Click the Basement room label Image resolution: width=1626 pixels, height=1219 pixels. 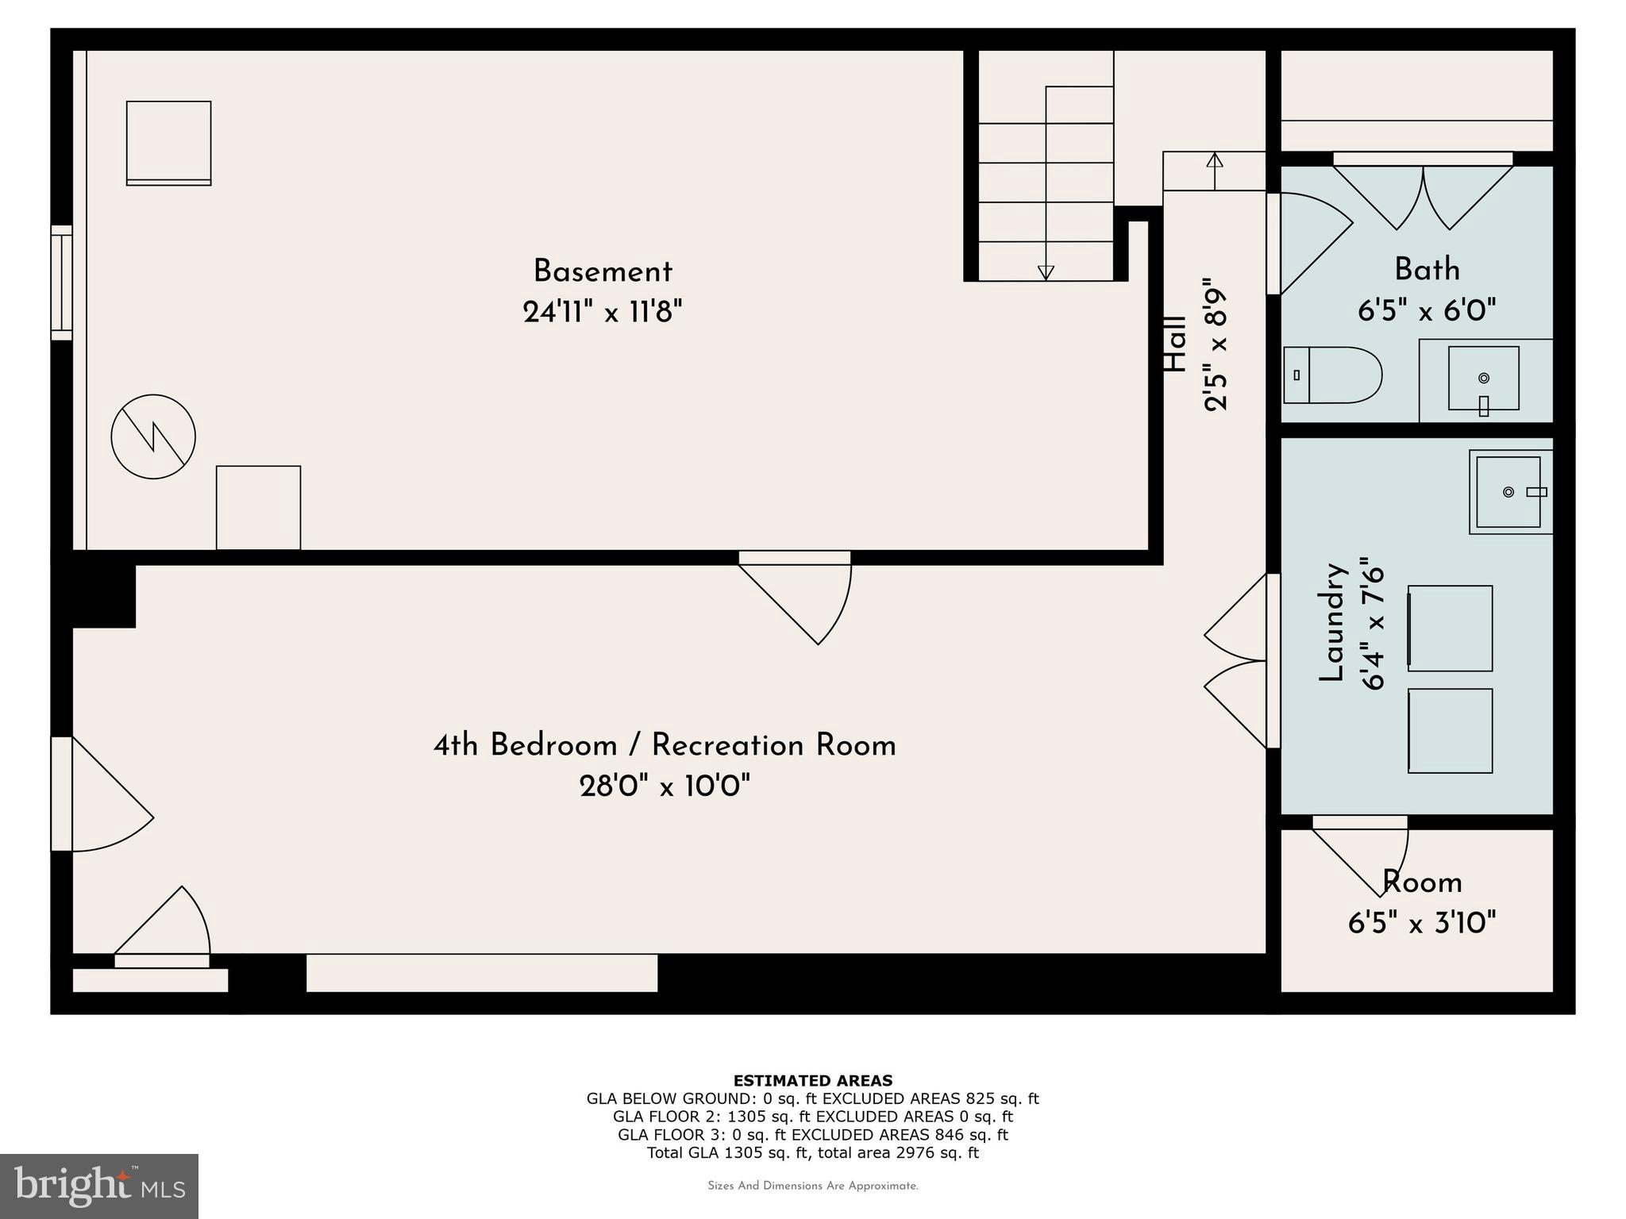[x=603, y=272]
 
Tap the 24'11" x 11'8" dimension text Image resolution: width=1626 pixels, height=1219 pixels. [x=603, y=312]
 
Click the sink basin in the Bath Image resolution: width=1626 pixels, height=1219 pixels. [x=1483, y=379]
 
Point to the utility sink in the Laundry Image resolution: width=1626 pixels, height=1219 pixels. [x=1508, y=492]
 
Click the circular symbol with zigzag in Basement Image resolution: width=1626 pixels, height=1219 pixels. [x=153, y=436]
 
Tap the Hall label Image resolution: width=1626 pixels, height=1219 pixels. [x=1175, y=344]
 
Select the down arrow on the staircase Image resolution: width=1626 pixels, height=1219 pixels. [x=1046, y=271]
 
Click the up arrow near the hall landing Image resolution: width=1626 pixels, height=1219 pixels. [x=1214, y=161]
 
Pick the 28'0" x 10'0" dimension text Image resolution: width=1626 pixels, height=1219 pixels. [x=665, y=787]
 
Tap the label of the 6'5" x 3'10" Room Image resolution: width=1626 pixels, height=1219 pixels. [x=1422, y=883]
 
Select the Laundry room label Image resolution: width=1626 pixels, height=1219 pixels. [x=1331, y=622]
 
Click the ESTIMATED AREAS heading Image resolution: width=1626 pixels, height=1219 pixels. [x=812, y=1080]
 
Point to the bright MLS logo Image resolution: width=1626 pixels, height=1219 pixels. [x=98, y=1186]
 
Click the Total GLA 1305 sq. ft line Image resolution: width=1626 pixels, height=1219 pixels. [x=812, y=1153]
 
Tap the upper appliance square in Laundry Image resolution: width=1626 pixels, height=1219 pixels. [x=1450, y=628]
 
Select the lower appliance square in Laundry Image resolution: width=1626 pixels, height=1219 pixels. [x=1450, y=730]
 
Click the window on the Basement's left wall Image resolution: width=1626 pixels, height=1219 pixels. [x=62, y=283]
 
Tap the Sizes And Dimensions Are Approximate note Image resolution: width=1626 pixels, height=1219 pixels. [x=812, y=1186]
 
